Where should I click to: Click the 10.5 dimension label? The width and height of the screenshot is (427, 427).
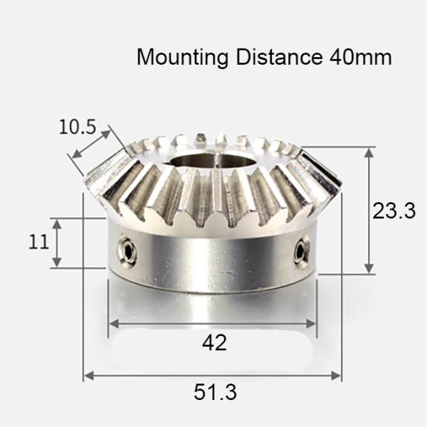click(x=77, y=127)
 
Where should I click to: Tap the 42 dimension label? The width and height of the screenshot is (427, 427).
click(x=214, y=343)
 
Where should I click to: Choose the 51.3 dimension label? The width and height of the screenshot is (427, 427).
click(x=215, y=392)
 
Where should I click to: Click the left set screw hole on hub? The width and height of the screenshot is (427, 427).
click(x=128, y=251)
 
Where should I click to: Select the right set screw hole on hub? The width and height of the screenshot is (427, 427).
click(x=302, y=251)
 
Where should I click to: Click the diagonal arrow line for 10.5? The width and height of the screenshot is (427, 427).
click(x=91, y=146)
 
